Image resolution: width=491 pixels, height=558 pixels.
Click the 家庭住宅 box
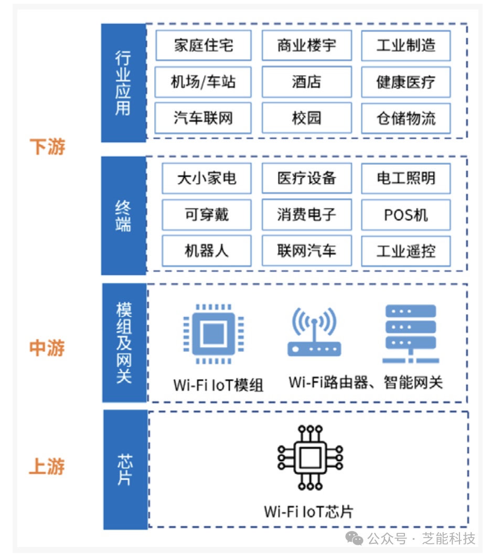203,45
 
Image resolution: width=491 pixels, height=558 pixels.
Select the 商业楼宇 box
306,45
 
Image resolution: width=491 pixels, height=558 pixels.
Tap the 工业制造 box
405,45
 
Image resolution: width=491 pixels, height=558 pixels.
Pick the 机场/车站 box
203,82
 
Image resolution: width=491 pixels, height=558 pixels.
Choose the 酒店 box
306,82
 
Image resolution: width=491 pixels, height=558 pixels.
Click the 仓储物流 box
405,118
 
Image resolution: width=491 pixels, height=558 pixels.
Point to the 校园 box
306,118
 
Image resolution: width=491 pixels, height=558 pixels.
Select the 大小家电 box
206,178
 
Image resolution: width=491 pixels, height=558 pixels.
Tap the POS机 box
405,214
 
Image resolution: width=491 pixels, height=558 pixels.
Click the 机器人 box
206,251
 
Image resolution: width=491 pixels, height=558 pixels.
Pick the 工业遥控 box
405,251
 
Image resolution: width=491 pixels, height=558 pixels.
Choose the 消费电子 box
306,214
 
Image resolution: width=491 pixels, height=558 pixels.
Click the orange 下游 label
47,147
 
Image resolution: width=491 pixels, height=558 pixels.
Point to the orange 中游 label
47,348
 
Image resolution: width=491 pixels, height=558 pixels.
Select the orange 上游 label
47,466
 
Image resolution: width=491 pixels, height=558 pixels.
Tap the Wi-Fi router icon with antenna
314,332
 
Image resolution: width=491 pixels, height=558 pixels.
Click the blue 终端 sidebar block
123,215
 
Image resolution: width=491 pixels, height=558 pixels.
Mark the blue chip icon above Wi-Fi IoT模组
213,334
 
